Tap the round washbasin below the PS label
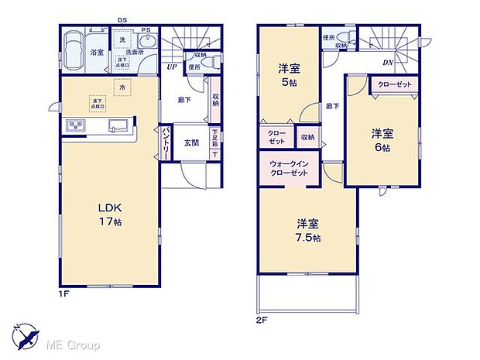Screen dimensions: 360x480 (x=149, y=43)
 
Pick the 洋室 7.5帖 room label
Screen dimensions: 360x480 (x=308, y=230)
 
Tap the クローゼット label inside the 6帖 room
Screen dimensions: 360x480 (x=394, y=84)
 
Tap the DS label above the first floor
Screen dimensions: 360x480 (x=121, y=19)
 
